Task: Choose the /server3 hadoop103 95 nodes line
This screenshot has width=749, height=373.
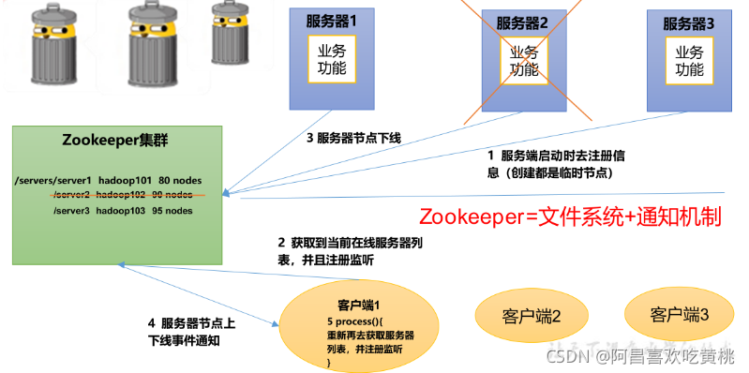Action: point(123,210)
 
